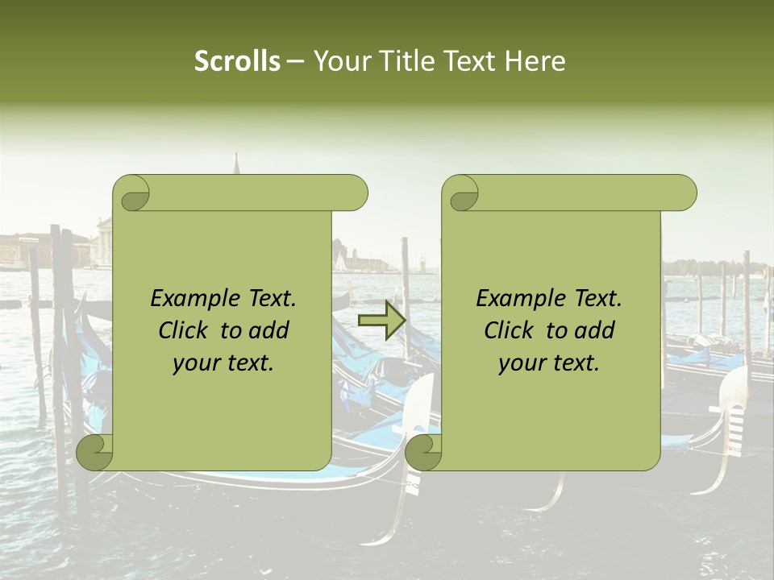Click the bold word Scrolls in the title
point(237,61)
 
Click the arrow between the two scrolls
point(381,321)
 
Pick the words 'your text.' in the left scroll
point(223,362)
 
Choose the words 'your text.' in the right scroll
point(549,362)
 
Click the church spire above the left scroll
point(237,164)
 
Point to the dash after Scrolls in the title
point(296,61)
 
